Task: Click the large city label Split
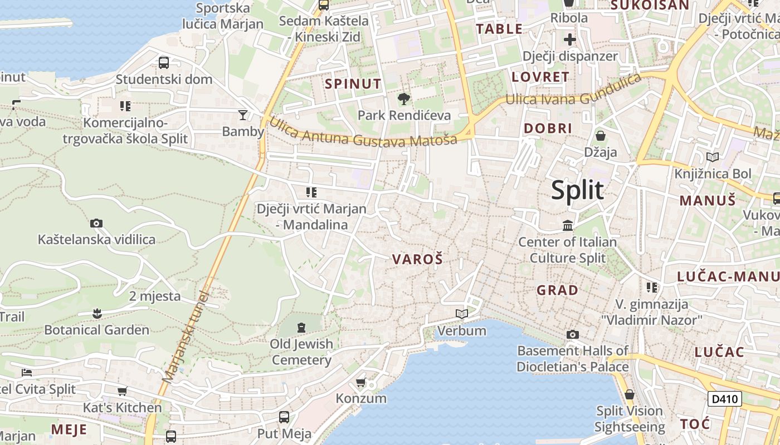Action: [x=577, y=190]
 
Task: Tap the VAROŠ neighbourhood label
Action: [x=417, y=259]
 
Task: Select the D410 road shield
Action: [x=724, y=398]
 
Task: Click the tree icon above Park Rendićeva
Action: [x=404, y=99]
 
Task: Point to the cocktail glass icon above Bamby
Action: [x=243, y=115]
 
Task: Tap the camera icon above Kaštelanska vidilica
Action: [x=96, y=223]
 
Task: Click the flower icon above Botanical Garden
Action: [x=97, y=313]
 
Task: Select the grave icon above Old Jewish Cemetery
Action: [x=301, y=327]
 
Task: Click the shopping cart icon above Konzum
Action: [x=360, y=382]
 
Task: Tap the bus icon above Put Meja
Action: [x=284, y=417]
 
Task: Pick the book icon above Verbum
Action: [x=461, y=314]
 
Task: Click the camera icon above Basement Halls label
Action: [x=572, y=334]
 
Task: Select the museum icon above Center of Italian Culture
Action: [x=568, y=225]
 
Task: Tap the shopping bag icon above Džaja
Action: [x=601, y=135]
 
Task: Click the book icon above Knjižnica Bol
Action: [x=713, y=157]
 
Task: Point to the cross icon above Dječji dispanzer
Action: [x=569, y=39]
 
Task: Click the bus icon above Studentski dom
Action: [x=164, y=62]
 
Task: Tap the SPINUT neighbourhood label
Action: [x=353, y=84]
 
